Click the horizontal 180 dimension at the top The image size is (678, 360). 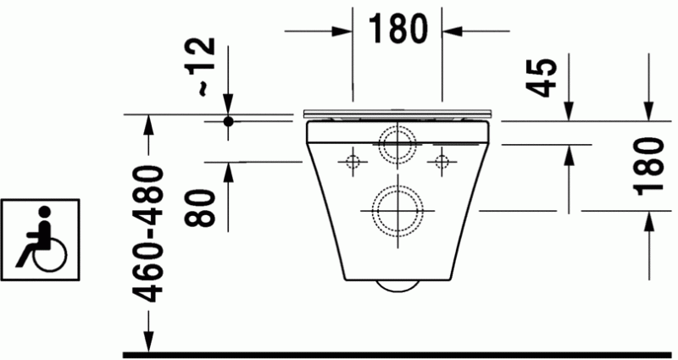pos(397,30)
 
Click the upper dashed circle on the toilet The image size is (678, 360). pos(397,143)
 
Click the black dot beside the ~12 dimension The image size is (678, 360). pos(228,122)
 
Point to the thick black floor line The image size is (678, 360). pos(398,352)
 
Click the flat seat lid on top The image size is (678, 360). pos(397,113)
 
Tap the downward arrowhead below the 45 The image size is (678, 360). pos(568,110)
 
